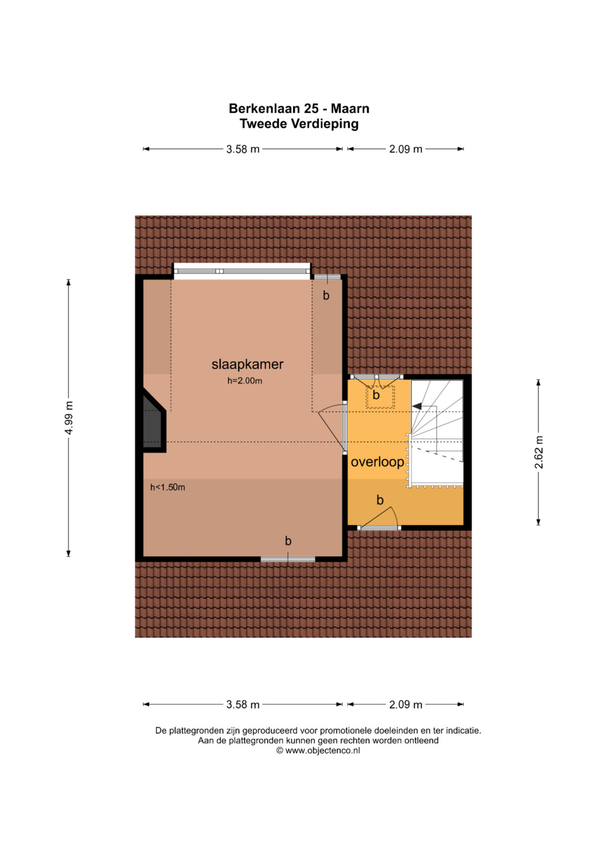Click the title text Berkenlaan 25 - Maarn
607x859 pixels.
299,109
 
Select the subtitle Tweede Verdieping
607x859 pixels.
299,124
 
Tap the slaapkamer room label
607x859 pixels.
247,364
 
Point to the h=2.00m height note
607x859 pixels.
245,381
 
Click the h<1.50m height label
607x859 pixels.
167,487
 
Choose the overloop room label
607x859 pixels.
378,462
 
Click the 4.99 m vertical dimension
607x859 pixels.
69,417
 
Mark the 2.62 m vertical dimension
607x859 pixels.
539,452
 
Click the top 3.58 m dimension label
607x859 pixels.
243,149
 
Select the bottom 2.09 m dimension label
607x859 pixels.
405,704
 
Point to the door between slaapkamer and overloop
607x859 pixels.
344,428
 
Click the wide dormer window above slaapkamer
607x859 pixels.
242,271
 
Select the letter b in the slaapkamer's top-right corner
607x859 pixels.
326,295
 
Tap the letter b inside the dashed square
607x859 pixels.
376,394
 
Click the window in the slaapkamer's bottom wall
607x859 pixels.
288,559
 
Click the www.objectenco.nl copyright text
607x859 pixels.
318,750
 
